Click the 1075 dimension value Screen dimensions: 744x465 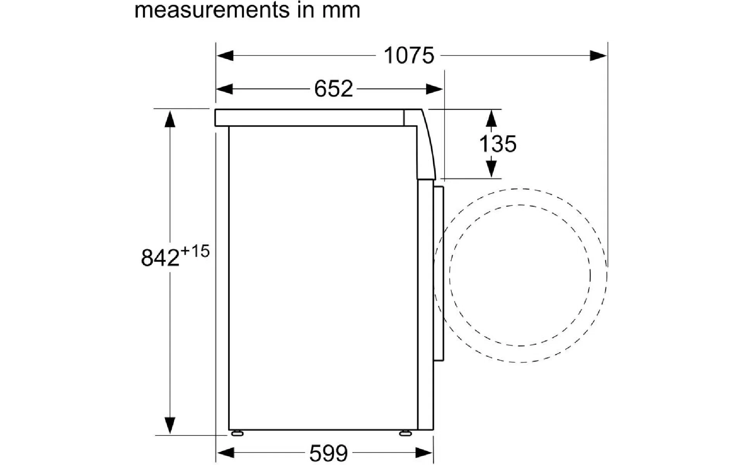tap(409, 55)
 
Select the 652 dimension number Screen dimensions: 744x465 tap(333, 89)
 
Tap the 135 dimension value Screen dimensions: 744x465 tap(498, 144)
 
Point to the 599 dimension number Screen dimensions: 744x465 tap(329, 453)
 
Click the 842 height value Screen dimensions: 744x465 tap(160, 258)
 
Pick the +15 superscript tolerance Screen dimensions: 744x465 tap(195, 251)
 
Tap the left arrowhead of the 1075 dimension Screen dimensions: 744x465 tap(225, 55)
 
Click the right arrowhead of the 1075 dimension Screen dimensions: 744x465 tap(598, 55)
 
